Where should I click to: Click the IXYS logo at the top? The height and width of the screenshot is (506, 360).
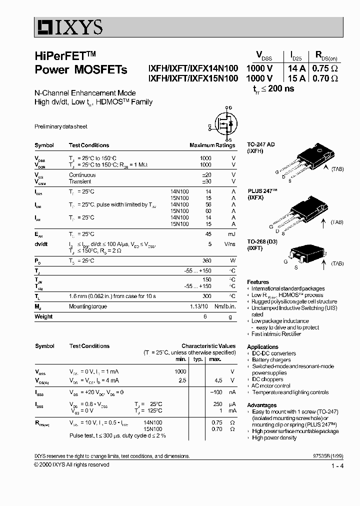[69, 25]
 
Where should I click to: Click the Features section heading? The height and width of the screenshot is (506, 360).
[258, 282]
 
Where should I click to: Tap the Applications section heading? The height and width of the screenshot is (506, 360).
[262, 346]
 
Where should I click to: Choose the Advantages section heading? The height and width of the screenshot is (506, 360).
[261, 405]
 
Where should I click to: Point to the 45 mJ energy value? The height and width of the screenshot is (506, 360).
[208, 234]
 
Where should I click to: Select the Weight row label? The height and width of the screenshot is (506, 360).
[43, 316]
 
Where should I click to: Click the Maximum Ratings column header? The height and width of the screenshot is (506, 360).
[212, 145]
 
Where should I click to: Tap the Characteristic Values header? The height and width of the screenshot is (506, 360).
[208, 345]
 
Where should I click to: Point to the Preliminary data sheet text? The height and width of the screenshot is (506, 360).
[60, 127]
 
